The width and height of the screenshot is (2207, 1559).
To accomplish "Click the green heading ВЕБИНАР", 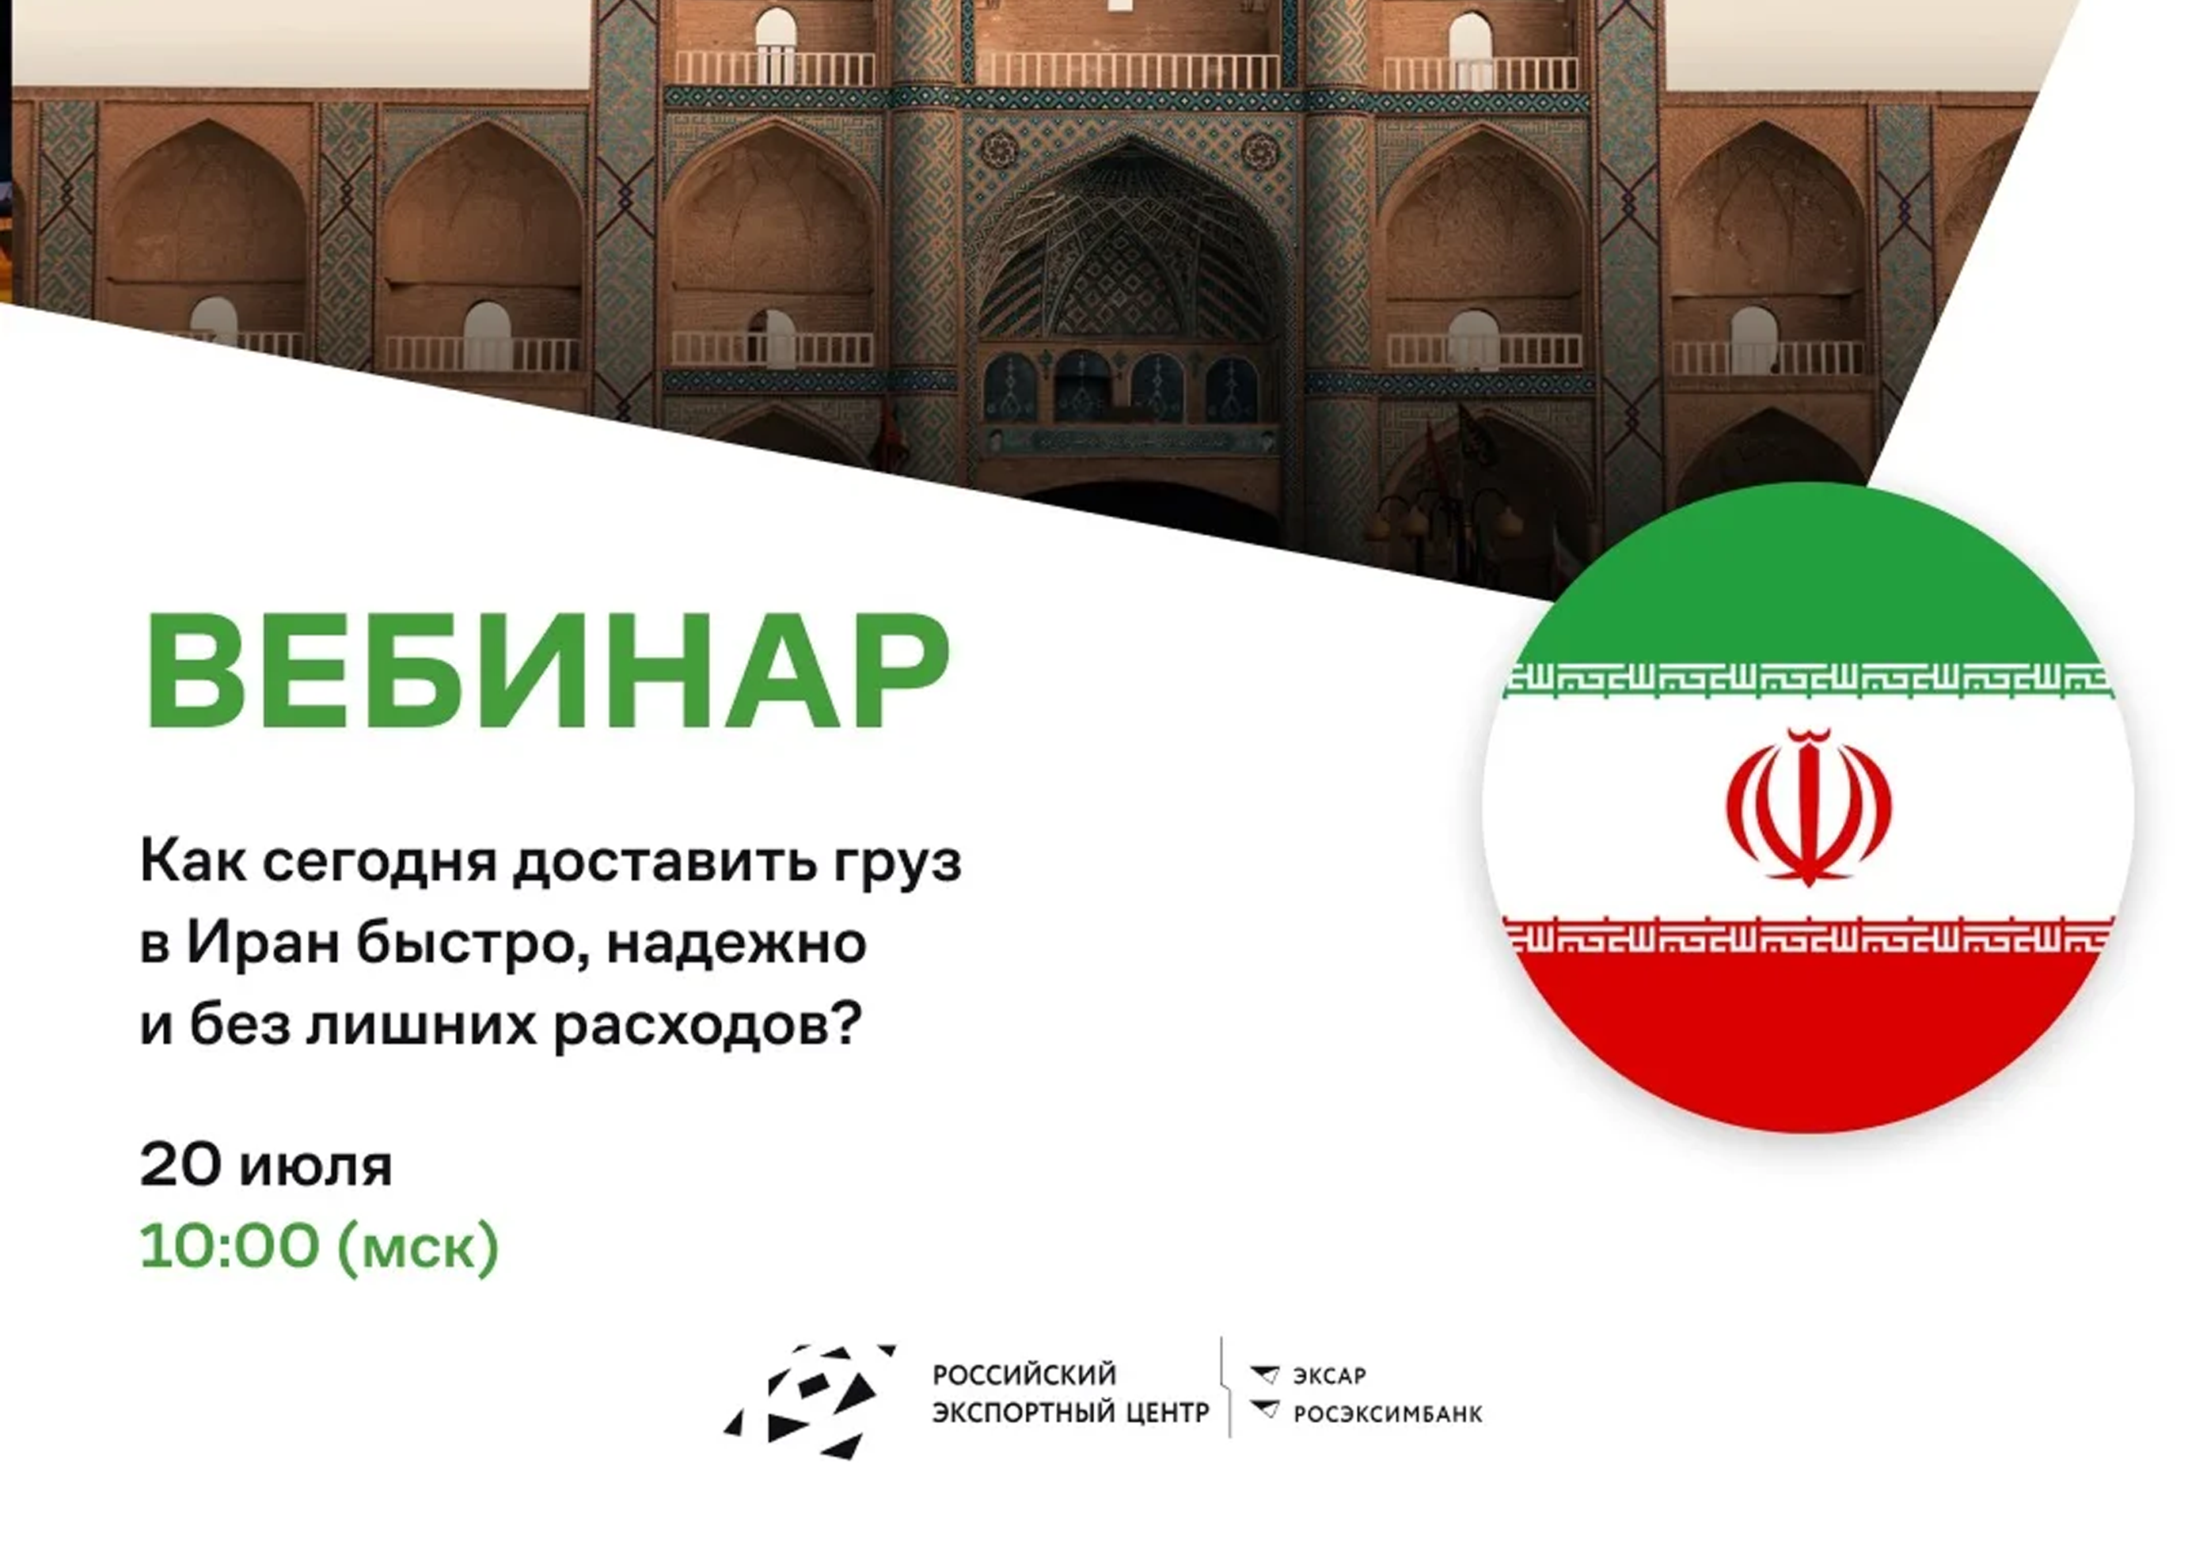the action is click(547, 670).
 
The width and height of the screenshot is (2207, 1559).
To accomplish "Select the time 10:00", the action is click(229, 1246).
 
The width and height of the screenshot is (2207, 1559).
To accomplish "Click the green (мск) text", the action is click(418, 1247).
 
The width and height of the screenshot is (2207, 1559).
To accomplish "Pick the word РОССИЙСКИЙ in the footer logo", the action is click(1024, 1375).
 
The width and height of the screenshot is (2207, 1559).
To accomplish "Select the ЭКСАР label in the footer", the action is click(1329, 1376).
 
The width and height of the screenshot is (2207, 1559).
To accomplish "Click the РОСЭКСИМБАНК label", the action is click(1388, 1414).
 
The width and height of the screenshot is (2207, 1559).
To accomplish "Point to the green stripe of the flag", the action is click(1808, 577).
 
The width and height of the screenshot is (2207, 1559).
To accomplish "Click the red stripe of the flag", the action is click(1808, 1038).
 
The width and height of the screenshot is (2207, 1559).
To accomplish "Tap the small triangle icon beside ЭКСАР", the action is click(1265, 1375).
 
